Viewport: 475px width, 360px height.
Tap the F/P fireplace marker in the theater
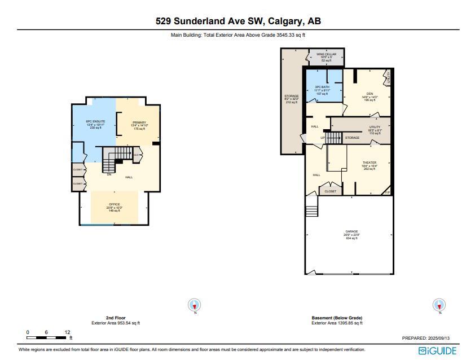tap(387, 193)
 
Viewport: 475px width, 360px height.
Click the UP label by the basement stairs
tap(323, 137)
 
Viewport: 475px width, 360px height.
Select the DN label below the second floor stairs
tap(109, 174)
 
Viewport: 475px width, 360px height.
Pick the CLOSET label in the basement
tap(331, 191)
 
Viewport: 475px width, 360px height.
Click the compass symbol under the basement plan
tap(439, 305)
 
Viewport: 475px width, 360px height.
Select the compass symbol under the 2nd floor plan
tap(195, 305)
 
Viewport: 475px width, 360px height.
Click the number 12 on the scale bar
tap(67, 332)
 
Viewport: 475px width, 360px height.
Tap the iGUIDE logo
tap(438, 351)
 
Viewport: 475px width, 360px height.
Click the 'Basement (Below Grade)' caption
tap(337, 318)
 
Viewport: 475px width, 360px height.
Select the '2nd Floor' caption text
tap(115, 318)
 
